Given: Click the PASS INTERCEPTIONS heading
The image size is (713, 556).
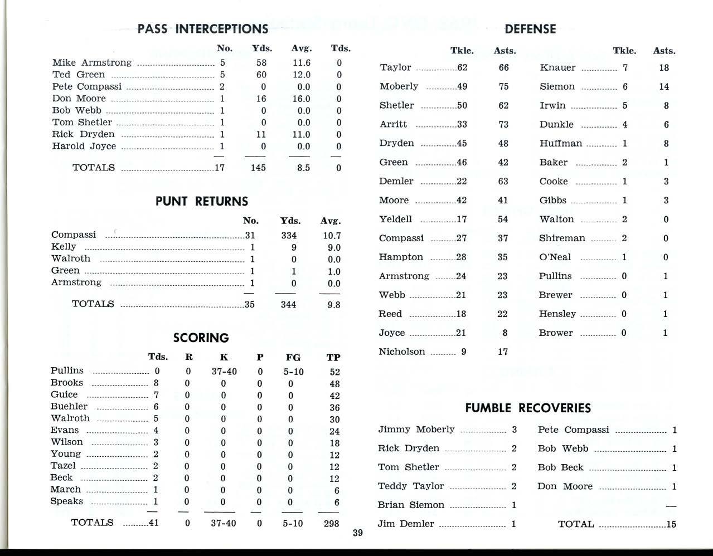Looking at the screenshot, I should (203, 29).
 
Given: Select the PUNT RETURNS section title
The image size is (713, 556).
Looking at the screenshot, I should (202, 201).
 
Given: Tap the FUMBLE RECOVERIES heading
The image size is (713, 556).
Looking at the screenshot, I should (528, 408).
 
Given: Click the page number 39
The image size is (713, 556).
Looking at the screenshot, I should (358, 533).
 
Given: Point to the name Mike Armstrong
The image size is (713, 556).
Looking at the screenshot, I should (92, 62).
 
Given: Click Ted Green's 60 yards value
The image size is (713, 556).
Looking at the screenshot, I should (261, 75).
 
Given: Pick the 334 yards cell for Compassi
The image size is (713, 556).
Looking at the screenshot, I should (289, 236).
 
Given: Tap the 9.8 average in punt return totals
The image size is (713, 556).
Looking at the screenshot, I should (333, 305).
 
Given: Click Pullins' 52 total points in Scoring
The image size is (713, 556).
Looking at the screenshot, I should (334, 372).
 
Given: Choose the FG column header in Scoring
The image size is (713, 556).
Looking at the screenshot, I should (293, 358).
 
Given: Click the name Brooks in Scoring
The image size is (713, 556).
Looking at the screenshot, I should (66, 383).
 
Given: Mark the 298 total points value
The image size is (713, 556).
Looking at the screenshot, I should (331, 523).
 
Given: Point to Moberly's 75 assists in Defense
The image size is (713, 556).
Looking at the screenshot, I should (503, 86).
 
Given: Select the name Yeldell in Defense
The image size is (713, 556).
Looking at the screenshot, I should (396, 219).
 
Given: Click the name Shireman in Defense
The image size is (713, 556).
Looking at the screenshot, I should (562, 238).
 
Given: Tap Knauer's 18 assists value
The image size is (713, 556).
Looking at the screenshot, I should (663, 67).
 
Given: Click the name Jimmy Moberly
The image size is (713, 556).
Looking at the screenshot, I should (416, 430).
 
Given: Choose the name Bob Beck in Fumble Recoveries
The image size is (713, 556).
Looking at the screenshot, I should (560, 467).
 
